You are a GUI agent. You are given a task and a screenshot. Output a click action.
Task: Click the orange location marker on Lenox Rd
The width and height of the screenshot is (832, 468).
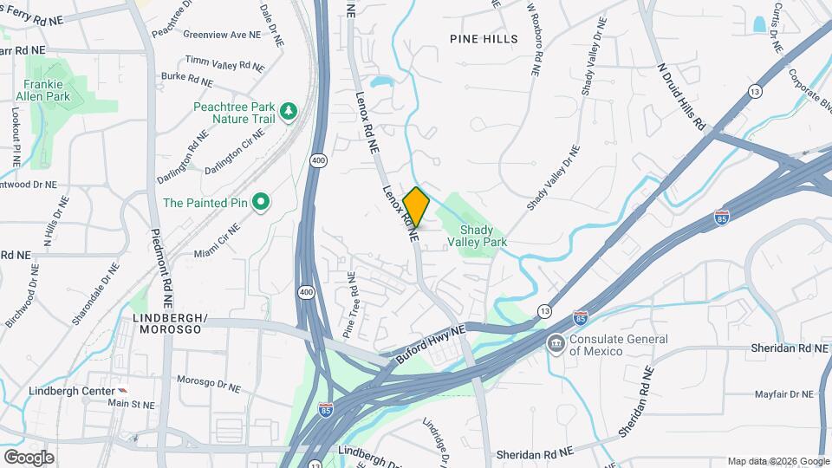tap(416, 207)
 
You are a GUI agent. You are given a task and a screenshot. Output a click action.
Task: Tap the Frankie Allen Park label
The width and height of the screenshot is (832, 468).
tap(47, 90)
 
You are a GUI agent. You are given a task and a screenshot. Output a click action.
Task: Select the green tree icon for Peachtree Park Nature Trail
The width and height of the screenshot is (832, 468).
tap(289, 112)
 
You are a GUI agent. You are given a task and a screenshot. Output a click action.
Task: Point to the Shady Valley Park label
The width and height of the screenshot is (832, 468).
tap(483, 236)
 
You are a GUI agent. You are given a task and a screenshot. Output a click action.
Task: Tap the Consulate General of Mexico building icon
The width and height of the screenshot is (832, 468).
tap(554, 344)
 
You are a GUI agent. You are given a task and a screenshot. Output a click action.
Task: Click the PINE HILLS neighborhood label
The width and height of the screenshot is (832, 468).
tap(484, 39)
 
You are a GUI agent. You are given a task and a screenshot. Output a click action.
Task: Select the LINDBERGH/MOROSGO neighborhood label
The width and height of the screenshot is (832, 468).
tap(171, 324)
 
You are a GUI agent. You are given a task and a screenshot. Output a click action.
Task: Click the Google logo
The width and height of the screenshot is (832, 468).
tap(29, 457)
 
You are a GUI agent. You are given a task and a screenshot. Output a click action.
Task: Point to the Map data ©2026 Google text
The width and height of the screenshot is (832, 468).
tap(777, 461)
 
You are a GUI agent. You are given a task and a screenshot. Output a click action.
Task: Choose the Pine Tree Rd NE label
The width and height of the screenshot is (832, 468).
tap(349, 305)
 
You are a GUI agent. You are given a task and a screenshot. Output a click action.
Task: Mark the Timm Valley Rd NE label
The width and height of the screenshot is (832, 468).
tap(224, 64)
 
